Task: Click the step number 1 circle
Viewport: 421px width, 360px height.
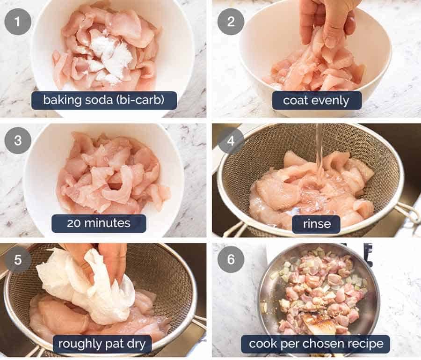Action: click(18, 22)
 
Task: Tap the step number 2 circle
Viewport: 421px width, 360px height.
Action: click(231, 22)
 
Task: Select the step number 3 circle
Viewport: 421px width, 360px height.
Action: click(18, 140)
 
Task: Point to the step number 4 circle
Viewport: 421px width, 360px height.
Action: click(231, 140)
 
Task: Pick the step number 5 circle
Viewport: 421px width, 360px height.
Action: click(18, 259)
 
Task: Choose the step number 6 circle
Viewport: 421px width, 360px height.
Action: click(231, 259)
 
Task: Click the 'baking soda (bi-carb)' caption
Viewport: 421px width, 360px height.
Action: click(104, 100)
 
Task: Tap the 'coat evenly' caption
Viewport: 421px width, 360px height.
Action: click(317, 100)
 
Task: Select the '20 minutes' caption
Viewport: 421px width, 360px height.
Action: click(99, 223)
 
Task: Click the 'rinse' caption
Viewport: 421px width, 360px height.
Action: click(317, 224)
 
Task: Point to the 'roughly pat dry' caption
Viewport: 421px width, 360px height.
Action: click(102, 344)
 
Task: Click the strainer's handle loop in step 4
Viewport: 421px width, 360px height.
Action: click(410, 213)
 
